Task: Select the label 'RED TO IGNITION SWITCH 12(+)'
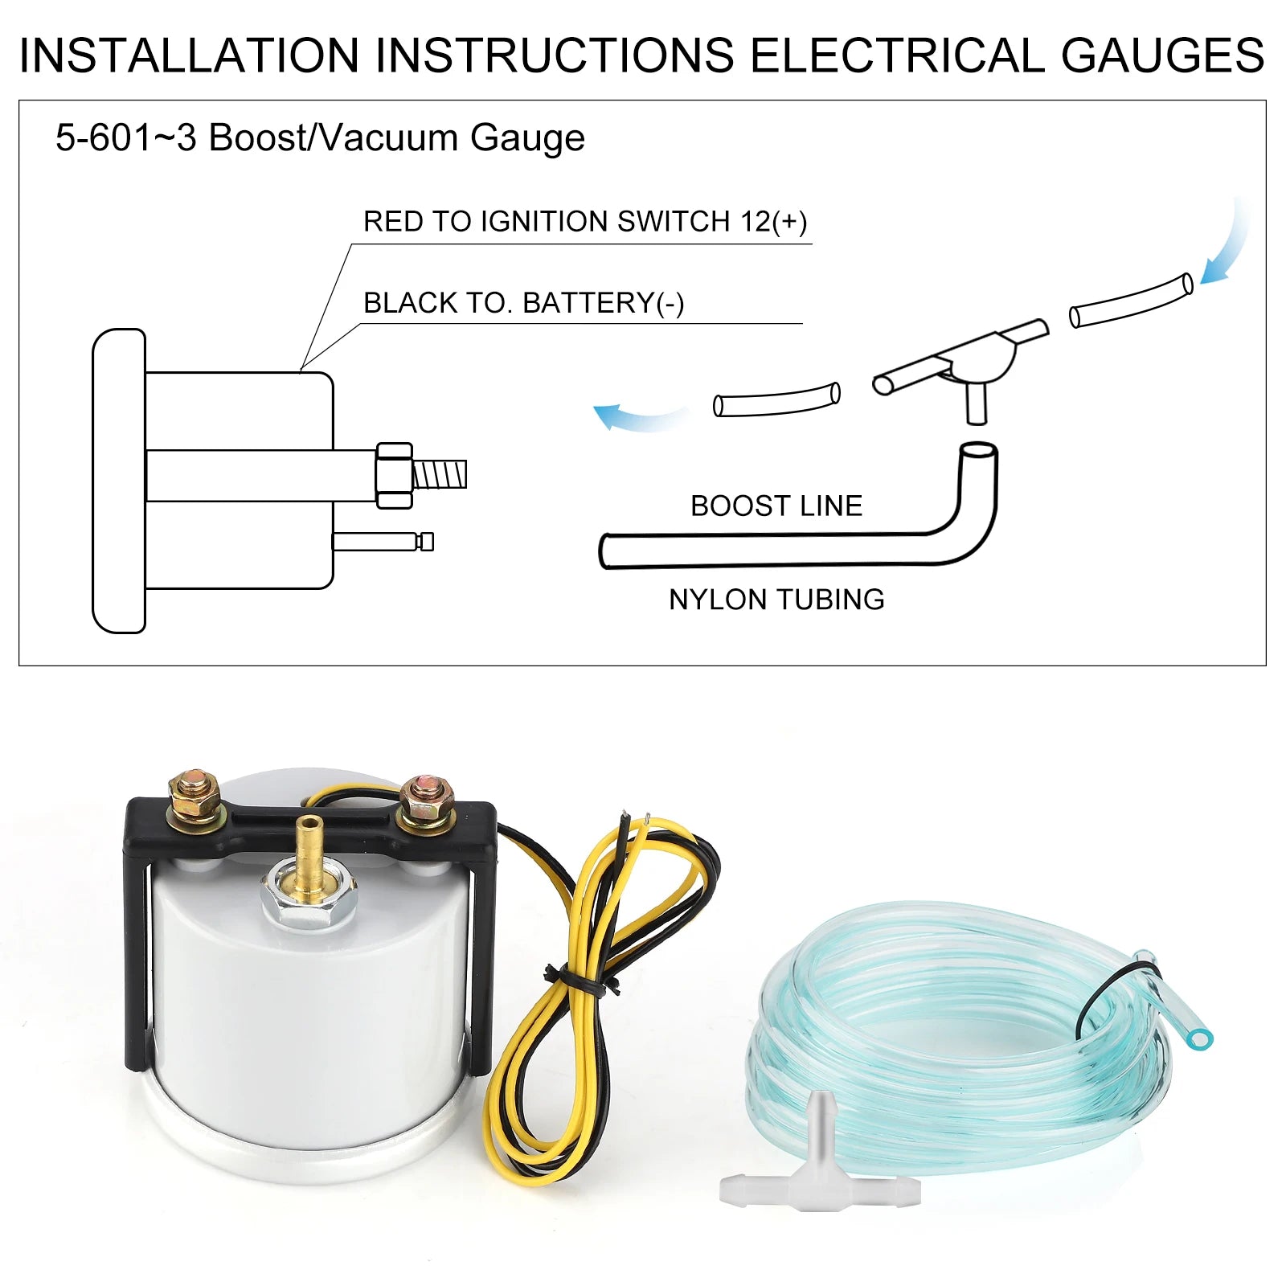(585, 221)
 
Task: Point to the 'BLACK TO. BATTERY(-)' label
(524, 303)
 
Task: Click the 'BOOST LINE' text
(776, 506)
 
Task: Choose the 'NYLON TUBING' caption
(776, 600)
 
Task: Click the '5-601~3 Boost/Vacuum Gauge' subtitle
(320, 137)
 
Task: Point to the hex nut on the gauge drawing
(394, 475)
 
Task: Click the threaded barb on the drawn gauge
(440, 474)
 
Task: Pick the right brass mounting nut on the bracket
(425, 802)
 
